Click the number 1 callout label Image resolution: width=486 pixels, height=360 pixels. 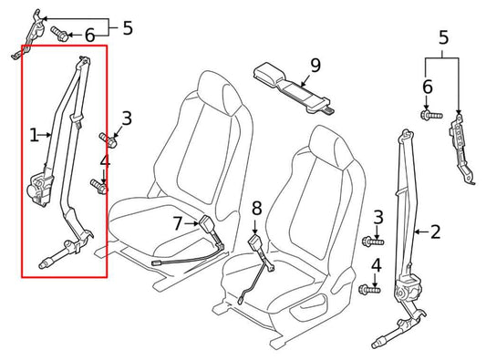(x=34, y=136)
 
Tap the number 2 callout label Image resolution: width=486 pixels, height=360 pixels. (x=435, y=231)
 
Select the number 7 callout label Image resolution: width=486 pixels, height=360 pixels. (x=178, y=221)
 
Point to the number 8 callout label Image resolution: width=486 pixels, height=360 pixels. (x=256, y=208)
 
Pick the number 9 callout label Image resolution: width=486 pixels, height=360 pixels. (x=315, y=65)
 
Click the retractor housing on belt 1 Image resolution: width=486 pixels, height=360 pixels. (x=42, y=188)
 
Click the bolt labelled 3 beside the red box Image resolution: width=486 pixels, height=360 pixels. (x=108, y=139)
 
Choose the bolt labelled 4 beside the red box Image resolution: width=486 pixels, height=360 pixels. (x=100, y=187)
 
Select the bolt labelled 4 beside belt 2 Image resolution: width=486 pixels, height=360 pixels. (x=367, y=290)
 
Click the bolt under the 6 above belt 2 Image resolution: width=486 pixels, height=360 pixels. (x=427, y=115)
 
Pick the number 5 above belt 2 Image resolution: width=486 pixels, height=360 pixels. (x=443, y=39)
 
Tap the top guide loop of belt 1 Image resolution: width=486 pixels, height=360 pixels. (x=85, y=63)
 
